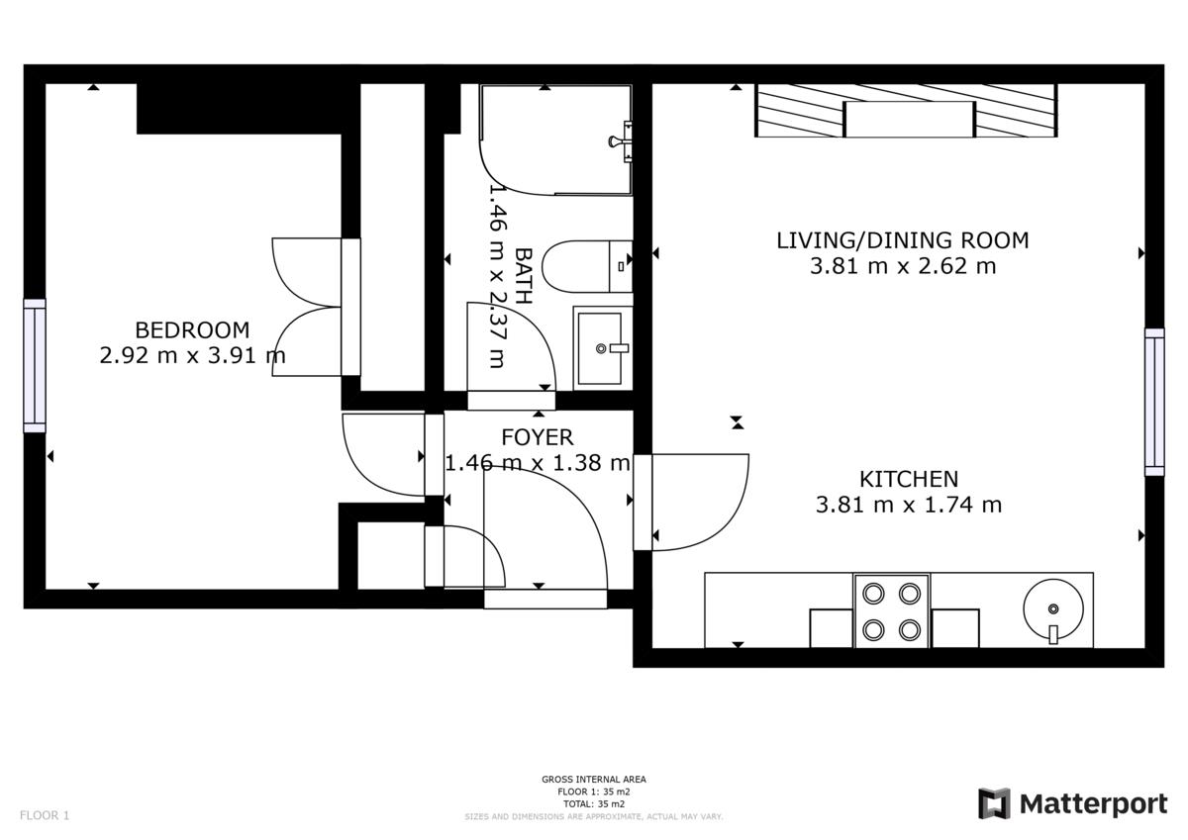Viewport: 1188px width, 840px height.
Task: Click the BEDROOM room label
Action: pyautogui.click(x=192, y=329)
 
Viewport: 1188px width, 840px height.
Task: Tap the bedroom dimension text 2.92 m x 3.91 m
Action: pyautogui.click(x=192, y=355)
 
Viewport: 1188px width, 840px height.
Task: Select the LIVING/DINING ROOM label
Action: pyautogui.click(x=902, y=240)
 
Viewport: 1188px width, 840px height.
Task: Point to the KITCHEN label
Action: pyautogui.click(x=908, y=479)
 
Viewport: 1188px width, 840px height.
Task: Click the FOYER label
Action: pyautogui.click(x=537, y=437)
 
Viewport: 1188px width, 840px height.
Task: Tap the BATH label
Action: pyautogui.click(x=524, y=275)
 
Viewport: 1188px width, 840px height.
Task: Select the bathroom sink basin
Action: pyautogui.click(x=601, y=346)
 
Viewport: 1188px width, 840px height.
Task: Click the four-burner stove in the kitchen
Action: pyautogui.click(x=891, y=610)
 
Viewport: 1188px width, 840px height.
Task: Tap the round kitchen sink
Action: pyautogui.click(x=1052, y=609)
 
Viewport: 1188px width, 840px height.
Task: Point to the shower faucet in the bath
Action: pyautogui.click(x=621, y=140)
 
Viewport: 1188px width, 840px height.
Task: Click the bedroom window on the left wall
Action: pyautogui.click(x=35, y=365)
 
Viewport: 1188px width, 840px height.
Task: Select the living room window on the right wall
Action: pyautogui.click(x=1154, y=401)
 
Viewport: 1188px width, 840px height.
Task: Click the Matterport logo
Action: pyautogui.click(x=1072, y=803)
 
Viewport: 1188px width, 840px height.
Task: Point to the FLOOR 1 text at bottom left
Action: pyautogui.click(x=45, y=815)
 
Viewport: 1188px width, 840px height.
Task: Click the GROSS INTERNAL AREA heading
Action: pyautogui.click(x=593, y=780)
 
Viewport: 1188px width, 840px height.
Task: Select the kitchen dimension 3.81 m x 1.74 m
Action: pyautogui.click(x=908, y=506)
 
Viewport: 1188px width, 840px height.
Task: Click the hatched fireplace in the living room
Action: pyautogui.click(x=906, y=111)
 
